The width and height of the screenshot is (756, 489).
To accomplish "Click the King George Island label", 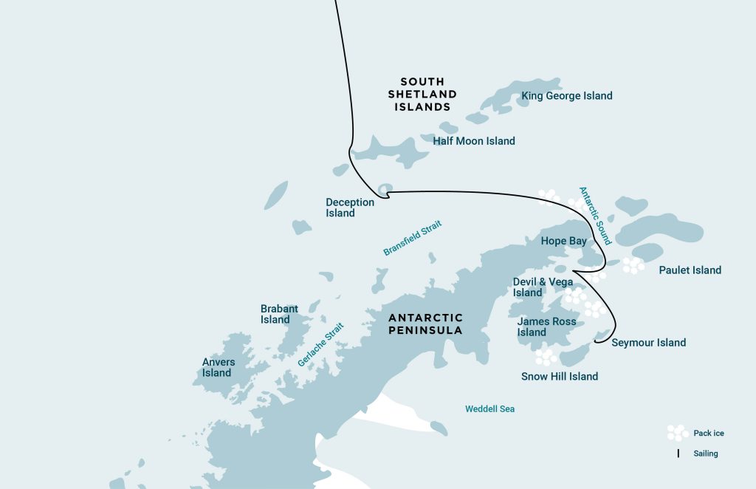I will tap(566, 96).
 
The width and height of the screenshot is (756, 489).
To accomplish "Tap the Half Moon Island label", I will tap(474, 141).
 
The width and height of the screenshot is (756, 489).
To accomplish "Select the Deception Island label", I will tap(350, 208).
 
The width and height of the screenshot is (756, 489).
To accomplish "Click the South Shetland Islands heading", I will tap(422, 94).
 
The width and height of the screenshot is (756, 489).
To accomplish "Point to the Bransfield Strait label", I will tap(412, 239).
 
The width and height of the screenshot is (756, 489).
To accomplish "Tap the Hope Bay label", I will tap(564, 241).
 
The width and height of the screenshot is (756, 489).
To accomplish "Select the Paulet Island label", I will tap(690, 270).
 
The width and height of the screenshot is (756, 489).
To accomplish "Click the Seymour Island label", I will tap(648, 343).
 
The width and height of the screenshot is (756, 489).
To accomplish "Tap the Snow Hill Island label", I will tap(560, 377).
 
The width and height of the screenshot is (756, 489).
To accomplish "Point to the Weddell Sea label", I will tap(489, 408).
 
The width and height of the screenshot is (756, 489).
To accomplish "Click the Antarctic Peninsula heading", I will tap(426, 324).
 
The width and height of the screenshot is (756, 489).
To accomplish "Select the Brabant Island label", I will tap(279, 314).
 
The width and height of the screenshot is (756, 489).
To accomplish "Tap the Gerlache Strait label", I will tap(321, 345).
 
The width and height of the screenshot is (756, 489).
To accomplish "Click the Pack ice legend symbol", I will tap(677, 433).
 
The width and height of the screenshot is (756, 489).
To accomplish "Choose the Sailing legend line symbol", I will tap(678, 454).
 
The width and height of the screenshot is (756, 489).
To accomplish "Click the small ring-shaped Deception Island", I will tap(385, 190).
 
